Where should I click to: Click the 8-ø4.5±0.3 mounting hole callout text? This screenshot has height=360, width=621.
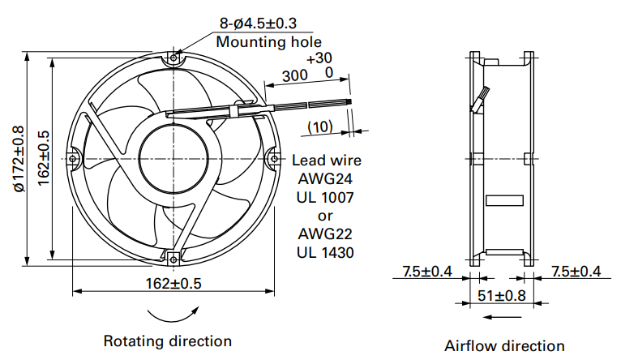tap(258, 24)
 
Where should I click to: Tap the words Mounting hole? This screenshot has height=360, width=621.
tap(269, 41)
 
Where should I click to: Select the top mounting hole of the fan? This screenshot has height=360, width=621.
tap(173, 58)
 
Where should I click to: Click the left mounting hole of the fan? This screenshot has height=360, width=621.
tap(72, 159)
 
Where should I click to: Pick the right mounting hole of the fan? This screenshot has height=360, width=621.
tap(275, 159)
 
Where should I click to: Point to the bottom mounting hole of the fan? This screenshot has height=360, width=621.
tap(173, 259)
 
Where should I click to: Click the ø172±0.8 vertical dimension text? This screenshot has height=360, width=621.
tap(19, 159)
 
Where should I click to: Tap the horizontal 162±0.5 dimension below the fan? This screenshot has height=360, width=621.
tap(173, 284)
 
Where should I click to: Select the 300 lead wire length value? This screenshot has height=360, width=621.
tap(294, 75)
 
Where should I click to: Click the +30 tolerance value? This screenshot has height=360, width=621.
tap(319, 58)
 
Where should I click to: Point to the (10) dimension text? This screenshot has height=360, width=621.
tap(320, 126)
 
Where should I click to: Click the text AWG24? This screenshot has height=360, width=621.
tap(325, 178)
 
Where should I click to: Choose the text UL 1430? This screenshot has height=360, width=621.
tap(325, 252)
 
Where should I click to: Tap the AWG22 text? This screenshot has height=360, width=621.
tap(325, 234)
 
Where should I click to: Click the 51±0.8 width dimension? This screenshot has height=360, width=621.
tap(501, 295)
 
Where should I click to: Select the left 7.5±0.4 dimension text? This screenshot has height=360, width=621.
tap(427, 272)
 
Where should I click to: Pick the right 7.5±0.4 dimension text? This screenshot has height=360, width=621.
tap(576, 272)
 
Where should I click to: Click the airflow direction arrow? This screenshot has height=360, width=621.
tap(503, 317)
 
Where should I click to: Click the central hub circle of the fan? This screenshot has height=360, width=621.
tap(173, 158)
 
